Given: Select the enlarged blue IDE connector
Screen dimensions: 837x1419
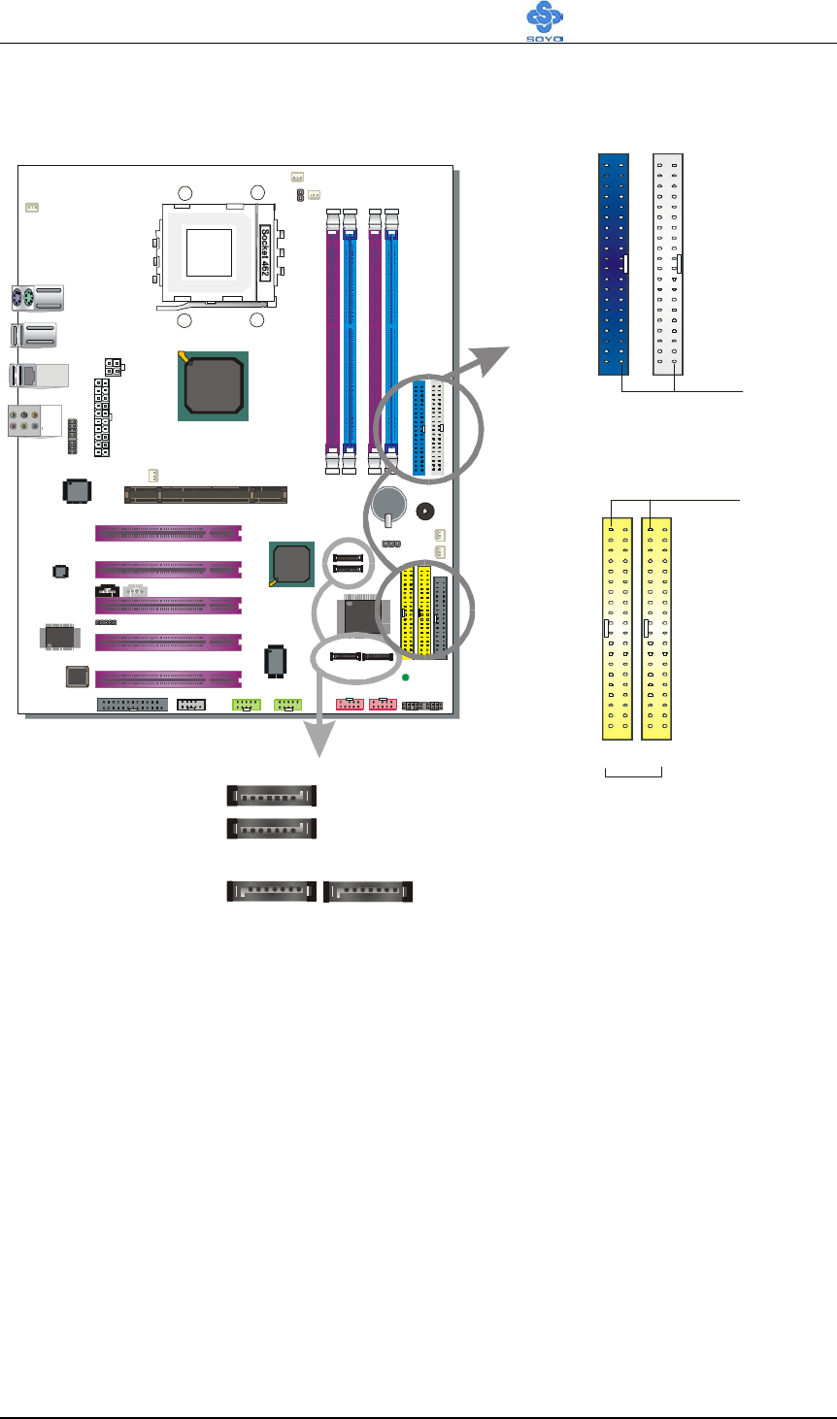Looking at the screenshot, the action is pyautogui.click(x=613, y=264).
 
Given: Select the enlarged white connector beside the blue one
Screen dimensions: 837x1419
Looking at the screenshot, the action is pyautogui.click(x=668, y=264).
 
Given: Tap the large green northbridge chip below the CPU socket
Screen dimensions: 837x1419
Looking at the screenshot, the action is pyautogui.click(x=213, y=386).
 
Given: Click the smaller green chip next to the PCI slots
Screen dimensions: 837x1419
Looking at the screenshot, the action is pyautogui.click(x=291, y=564).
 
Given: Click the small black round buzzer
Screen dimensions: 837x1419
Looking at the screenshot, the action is pyautogui.click(x=424, y=511).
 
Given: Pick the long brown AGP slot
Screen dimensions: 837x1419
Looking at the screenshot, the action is pyautogui.click(x=207, y=495).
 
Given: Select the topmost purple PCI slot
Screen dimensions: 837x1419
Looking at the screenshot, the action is pyautogui.click(x=168, y=533).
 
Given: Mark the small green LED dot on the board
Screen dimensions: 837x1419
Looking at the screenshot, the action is pyautogui.click(x=407, y=676).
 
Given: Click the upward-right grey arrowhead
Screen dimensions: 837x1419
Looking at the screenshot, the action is pyautogui.click(x=495, y=358).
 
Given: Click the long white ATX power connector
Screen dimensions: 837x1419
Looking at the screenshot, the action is pyautogui.click(x=102, y=418).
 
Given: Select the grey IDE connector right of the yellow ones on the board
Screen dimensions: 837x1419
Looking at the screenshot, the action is pyautogui.click(x=440, y=617).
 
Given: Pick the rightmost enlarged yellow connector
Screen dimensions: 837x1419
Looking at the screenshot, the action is pyautogui.click(x=657, y=629).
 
